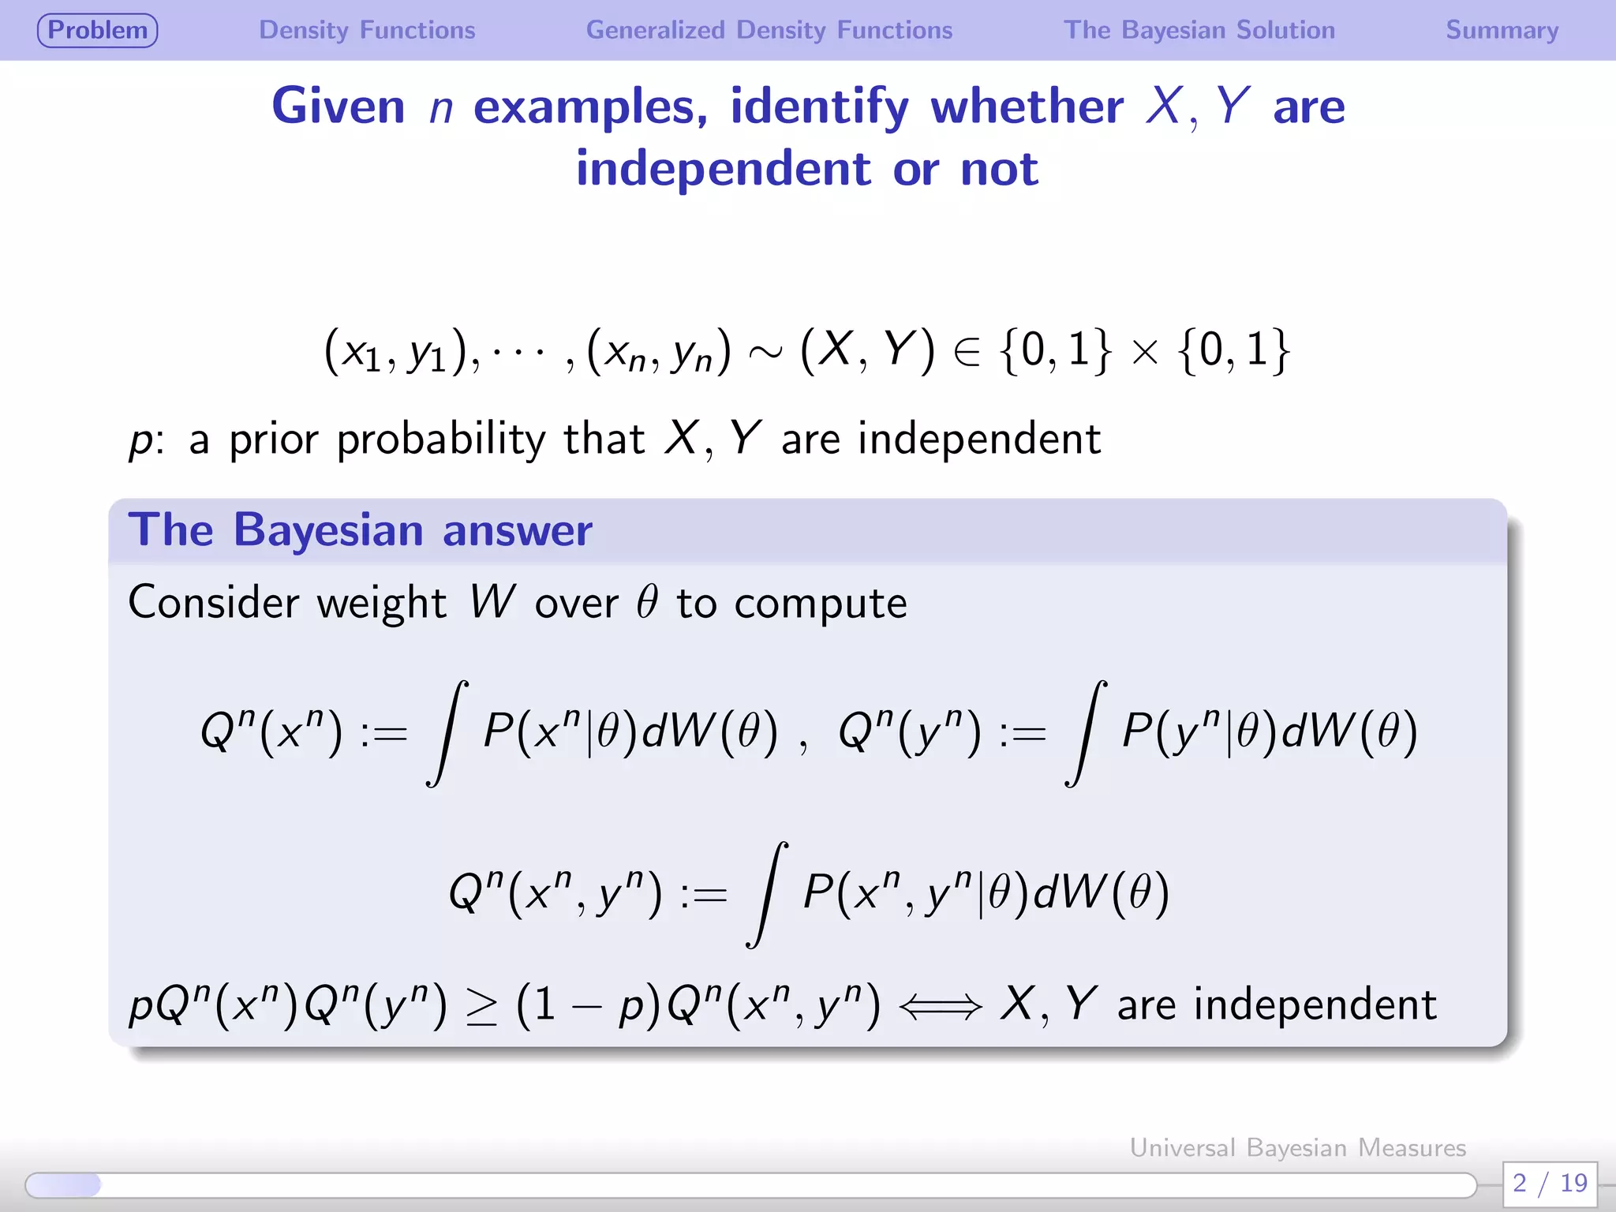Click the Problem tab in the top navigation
(x=97, y=30)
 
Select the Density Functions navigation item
(x=367, y=30)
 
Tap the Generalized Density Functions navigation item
(x=769, y=30)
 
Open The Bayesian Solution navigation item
(x=1199, y=30)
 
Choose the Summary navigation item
(x=1502, y=30)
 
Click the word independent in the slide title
(x=723, y=168)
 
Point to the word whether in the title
(x=1027, y=106)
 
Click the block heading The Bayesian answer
(x=360, y=529)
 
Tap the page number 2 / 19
(x=1550, y=1183)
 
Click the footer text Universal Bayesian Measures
(x=1297, y=1147)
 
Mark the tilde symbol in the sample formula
(x=765, y=353)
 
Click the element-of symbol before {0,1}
(x=967, y=352)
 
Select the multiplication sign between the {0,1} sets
(x=1144, y=353)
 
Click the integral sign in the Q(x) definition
(x=447, y=733)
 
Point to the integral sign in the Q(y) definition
(x=1086, y=733)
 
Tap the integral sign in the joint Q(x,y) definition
(x=767, y=894)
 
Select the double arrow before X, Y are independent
(x=940, y=1007)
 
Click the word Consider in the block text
(x=213, y=603)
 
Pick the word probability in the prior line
(x=440, y=440)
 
